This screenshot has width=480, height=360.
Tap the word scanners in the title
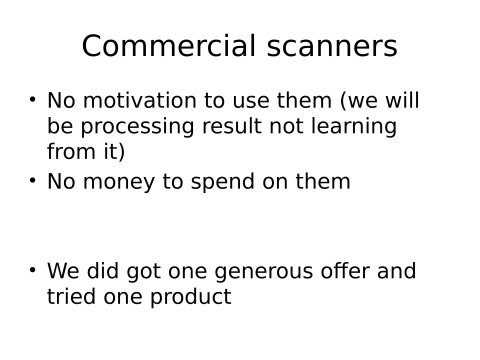[x=329, y=47]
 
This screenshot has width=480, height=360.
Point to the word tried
[x=72, y=297]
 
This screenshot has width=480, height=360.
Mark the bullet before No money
[x=32, y=180]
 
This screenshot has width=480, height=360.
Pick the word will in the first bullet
[x=401, y=101]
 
